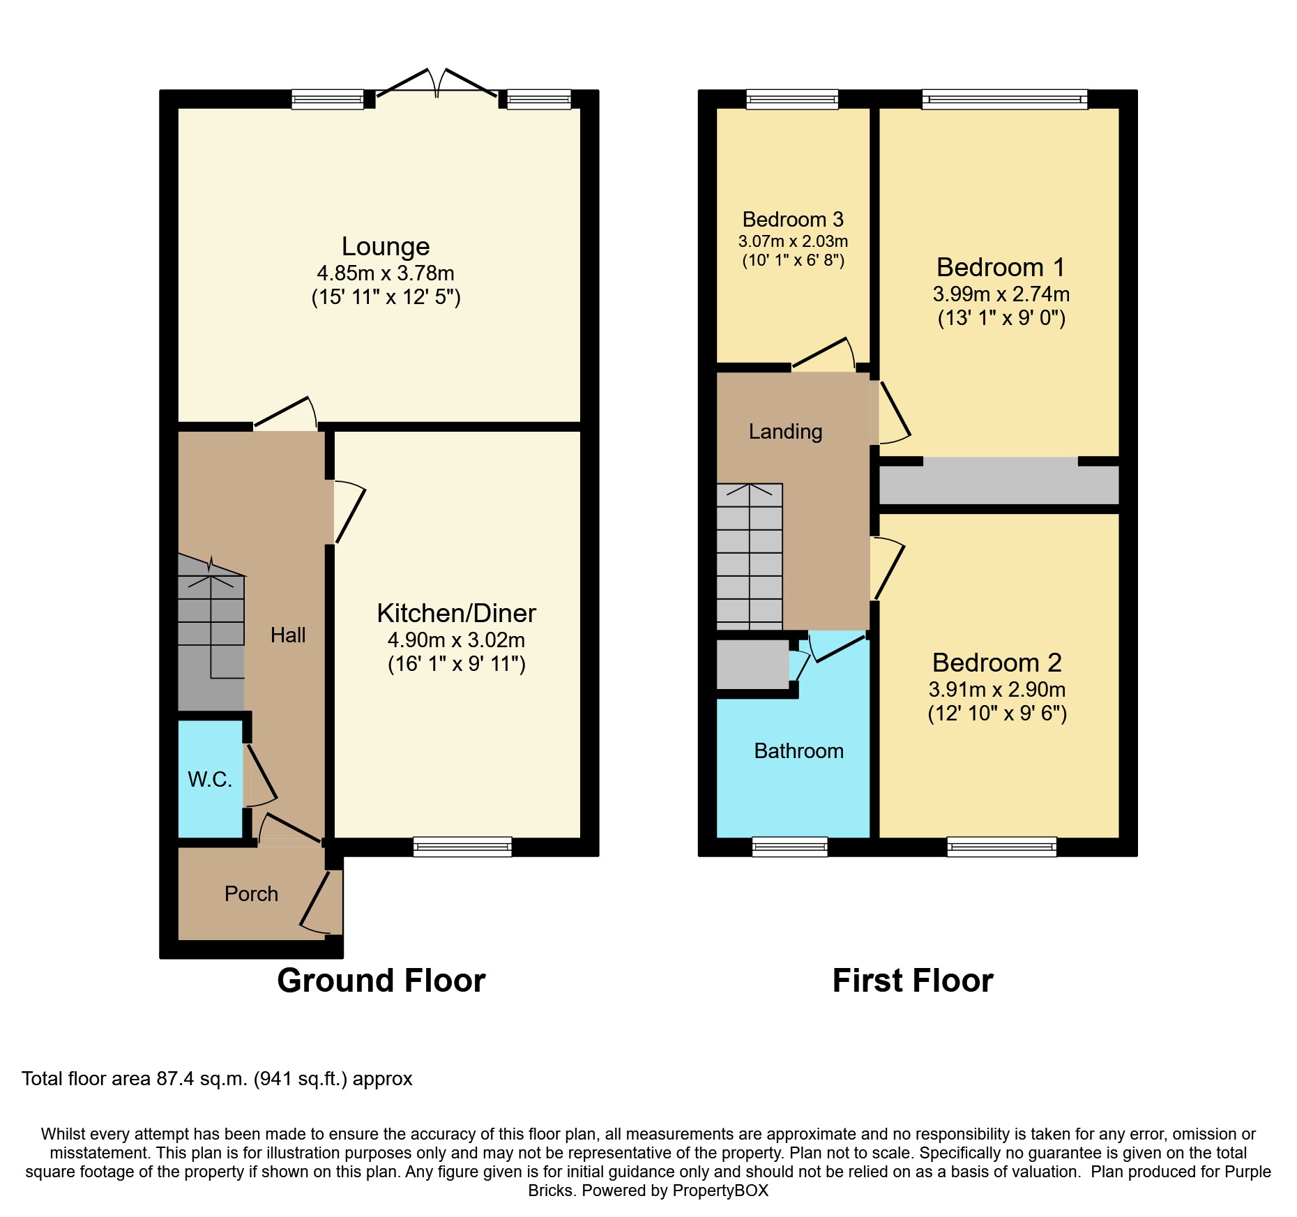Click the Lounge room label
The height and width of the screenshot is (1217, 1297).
(x=386, y=247)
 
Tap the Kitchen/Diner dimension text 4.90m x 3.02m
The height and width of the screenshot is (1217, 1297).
(x=457, y=640)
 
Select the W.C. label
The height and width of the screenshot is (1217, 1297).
(x=210, y=779)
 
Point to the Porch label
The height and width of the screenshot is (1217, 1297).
(x=251, y=893)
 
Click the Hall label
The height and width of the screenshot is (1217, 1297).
(x=288, y=635)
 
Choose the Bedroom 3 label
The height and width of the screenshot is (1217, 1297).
(x=793, y=220)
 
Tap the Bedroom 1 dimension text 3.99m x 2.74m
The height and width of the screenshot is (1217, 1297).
(x=1001, y=294)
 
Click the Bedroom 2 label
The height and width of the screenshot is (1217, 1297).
(x=997, y=663)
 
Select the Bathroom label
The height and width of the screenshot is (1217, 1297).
(x=799, y=750)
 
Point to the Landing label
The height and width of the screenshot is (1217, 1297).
(x=786, y=432)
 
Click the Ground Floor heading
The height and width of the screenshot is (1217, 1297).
(x=381, y=981)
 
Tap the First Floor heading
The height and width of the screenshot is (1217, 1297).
(x=913, y=981)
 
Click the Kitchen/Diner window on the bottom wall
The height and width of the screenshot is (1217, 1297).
(x=462, y=847)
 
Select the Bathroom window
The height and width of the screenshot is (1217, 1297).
(x=790, y=847)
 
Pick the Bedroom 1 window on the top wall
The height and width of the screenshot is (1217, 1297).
(x=1005, y=99)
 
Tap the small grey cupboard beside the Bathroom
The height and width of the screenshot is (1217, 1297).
(x=753, y=664)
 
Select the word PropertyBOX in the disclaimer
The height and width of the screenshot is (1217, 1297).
(x=720, y=1190)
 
